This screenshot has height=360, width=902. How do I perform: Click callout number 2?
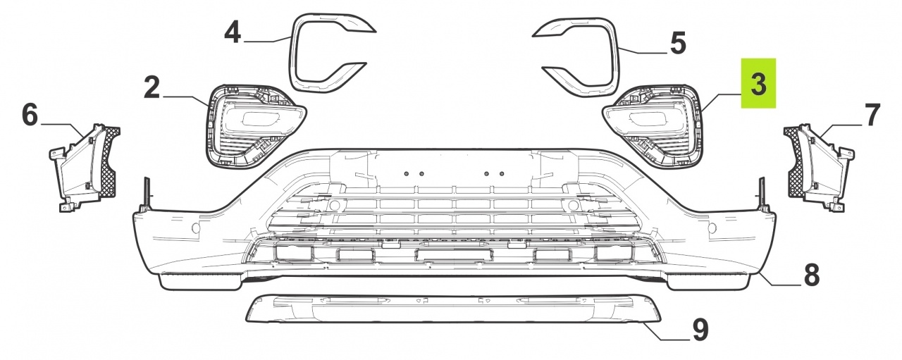pyautogui.click(x=152, y=88)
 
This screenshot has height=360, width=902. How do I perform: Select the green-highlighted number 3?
pyautogui.click(x=759, y=84)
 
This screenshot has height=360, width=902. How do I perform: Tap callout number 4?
pyautogui.click(x=233, y=32)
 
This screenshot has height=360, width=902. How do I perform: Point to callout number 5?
pyautogui.click(x=678, y=44)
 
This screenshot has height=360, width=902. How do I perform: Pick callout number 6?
pyautogui.click(x=30, y=115)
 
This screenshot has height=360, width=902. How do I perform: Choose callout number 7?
pyautogui.click(x=872, y=115)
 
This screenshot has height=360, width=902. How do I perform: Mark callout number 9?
pyautogui.click(x=700, y=330)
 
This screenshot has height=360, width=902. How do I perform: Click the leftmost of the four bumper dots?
pyautogui.click(x=407, y=173)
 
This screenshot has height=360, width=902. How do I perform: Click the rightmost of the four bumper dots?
pyautogui.click(x=502, y=173)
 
